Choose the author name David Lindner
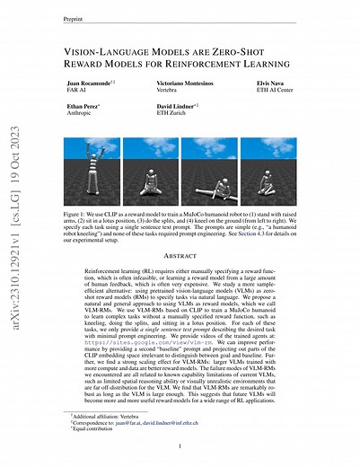coord(164,106)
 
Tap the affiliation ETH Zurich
coord(160,114)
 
